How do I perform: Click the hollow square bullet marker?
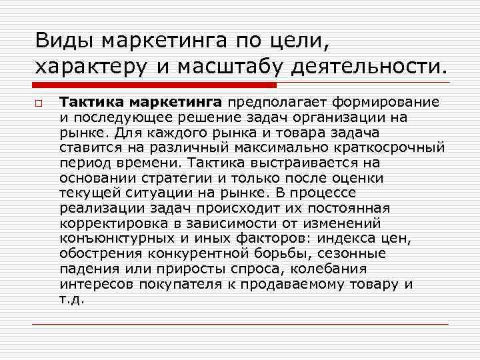[x=39, y=103]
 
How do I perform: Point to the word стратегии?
[x=153, y=178]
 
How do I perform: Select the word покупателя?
[x=181, y=285]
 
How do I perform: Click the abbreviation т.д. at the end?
[x=71, y=299]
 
